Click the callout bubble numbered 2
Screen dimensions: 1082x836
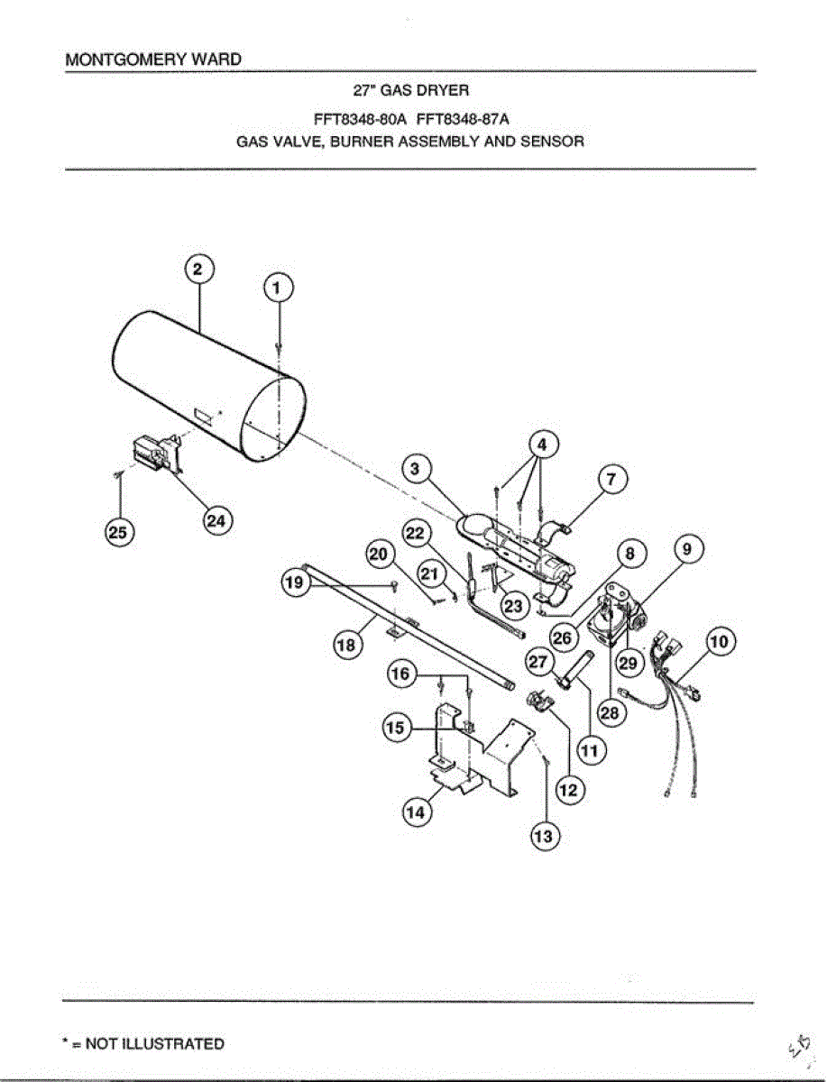coord(199,269)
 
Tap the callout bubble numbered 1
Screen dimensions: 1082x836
coord(278,288)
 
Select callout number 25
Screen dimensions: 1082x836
coord(117,533)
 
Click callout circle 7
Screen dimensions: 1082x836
coord(611,481)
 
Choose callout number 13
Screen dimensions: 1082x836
coord(544,837)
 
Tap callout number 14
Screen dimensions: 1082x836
coord(415,812)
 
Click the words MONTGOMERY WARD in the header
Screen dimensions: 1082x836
coord(153,60)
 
